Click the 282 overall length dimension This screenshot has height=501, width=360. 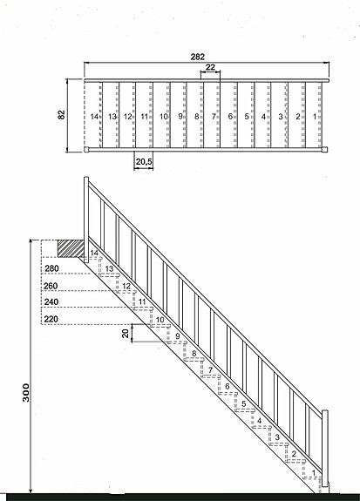(198, 57)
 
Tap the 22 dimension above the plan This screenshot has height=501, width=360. (210, 67)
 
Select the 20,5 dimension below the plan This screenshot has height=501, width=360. (144, 162)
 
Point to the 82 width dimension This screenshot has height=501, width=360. (61, 115)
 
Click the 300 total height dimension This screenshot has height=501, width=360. (26, 393)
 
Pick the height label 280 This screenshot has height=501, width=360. (51, 268)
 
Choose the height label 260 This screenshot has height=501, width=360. (51, 286)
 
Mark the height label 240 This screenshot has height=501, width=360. (51, 302)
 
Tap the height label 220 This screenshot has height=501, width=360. (51, 319)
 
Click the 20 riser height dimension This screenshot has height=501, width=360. (126, 333)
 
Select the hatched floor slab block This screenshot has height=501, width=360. (71, 248)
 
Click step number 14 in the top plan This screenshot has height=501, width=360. (94, 117)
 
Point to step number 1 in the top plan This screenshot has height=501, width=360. (315, 117)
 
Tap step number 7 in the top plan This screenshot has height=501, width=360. (214, 117)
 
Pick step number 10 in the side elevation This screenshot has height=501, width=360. (160, 320)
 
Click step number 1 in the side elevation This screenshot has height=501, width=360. (314, 472)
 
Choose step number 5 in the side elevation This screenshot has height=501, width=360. (244, 403)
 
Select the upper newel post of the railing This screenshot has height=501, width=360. (86, 220)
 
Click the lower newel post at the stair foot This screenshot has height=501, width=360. (325, 448)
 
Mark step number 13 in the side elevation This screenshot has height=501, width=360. (109, 268)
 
